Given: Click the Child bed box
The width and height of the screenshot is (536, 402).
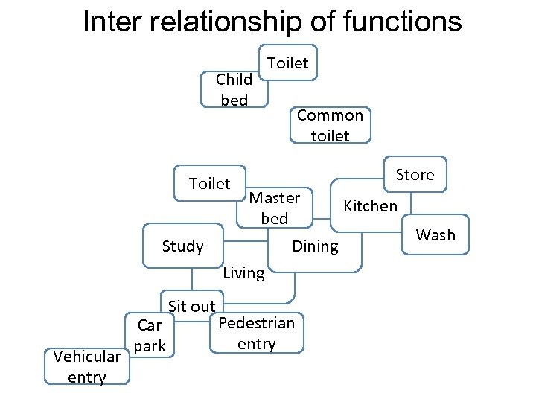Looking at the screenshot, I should pos(234,89).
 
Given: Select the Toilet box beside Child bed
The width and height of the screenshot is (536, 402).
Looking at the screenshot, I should pos(287,63).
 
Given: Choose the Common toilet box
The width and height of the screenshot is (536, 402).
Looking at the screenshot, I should pos(330,125).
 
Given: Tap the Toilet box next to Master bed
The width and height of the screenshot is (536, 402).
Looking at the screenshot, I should pos(209,183).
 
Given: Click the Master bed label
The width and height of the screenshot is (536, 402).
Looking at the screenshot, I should pos(274,208).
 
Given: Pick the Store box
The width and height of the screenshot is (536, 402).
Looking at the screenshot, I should pos(415,174).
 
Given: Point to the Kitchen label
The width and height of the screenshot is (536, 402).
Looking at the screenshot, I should pos(370,205).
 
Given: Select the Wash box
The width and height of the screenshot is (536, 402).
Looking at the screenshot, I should pos(435,235).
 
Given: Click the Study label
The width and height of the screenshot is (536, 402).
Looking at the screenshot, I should pos(182,246).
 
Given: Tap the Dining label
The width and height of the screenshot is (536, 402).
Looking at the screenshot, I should pos(315,246).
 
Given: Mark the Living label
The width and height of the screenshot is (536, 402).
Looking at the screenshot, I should pos(243,273).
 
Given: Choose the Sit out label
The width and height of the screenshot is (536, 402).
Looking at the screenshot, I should pos(191,306).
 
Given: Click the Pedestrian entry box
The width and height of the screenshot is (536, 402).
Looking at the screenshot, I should pos(256,333).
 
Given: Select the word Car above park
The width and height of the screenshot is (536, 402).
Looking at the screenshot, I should pos(150,325).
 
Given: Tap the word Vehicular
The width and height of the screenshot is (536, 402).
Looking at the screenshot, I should pos(87,357).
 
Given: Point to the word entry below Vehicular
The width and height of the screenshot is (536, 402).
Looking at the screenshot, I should pos(86,377).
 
